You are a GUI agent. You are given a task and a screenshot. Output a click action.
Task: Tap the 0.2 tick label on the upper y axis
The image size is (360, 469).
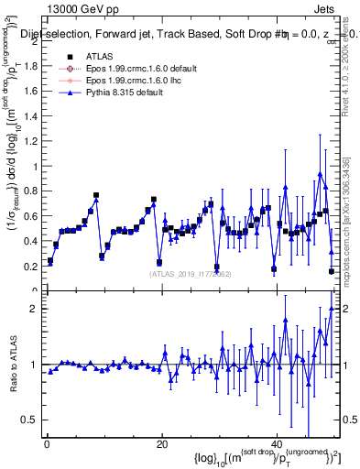tap(34, 267)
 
